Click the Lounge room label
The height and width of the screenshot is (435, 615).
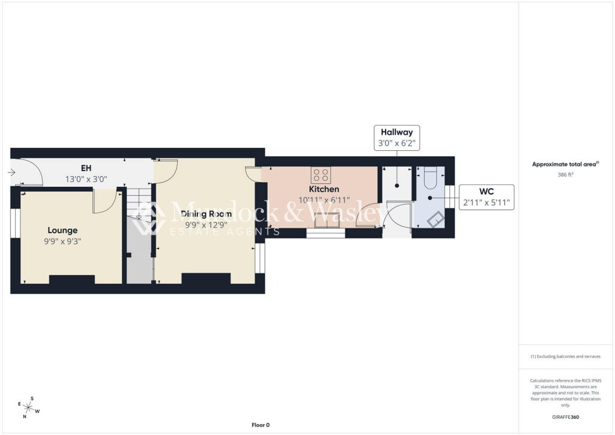(62, 230)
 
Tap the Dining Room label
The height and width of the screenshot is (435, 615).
(206, 214)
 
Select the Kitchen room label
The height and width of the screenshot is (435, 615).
(324, 189)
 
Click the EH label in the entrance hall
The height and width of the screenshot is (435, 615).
(86, 168)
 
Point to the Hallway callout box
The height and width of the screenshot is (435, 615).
(397, 138)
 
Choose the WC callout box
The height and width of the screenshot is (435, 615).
(486, 197)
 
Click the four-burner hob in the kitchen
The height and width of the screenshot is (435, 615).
(321, 175)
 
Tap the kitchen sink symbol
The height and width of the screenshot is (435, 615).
(327, 220)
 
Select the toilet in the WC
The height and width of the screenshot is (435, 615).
(430, 178)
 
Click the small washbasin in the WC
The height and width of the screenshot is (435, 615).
(435, 219)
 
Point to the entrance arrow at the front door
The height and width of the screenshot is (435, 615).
(11, 172)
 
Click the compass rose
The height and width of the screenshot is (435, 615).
(28, 407)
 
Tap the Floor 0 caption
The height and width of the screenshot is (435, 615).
(261, 425)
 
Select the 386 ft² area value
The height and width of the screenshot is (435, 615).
(565, 175)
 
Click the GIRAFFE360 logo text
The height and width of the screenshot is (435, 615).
(565, 417)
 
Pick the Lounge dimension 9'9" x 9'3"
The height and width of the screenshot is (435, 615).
(62, 242)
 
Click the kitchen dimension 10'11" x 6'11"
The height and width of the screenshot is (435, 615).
(324, 201)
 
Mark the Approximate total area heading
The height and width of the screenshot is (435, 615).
(565, 165)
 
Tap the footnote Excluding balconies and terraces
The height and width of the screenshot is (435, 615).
(565, 356)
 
